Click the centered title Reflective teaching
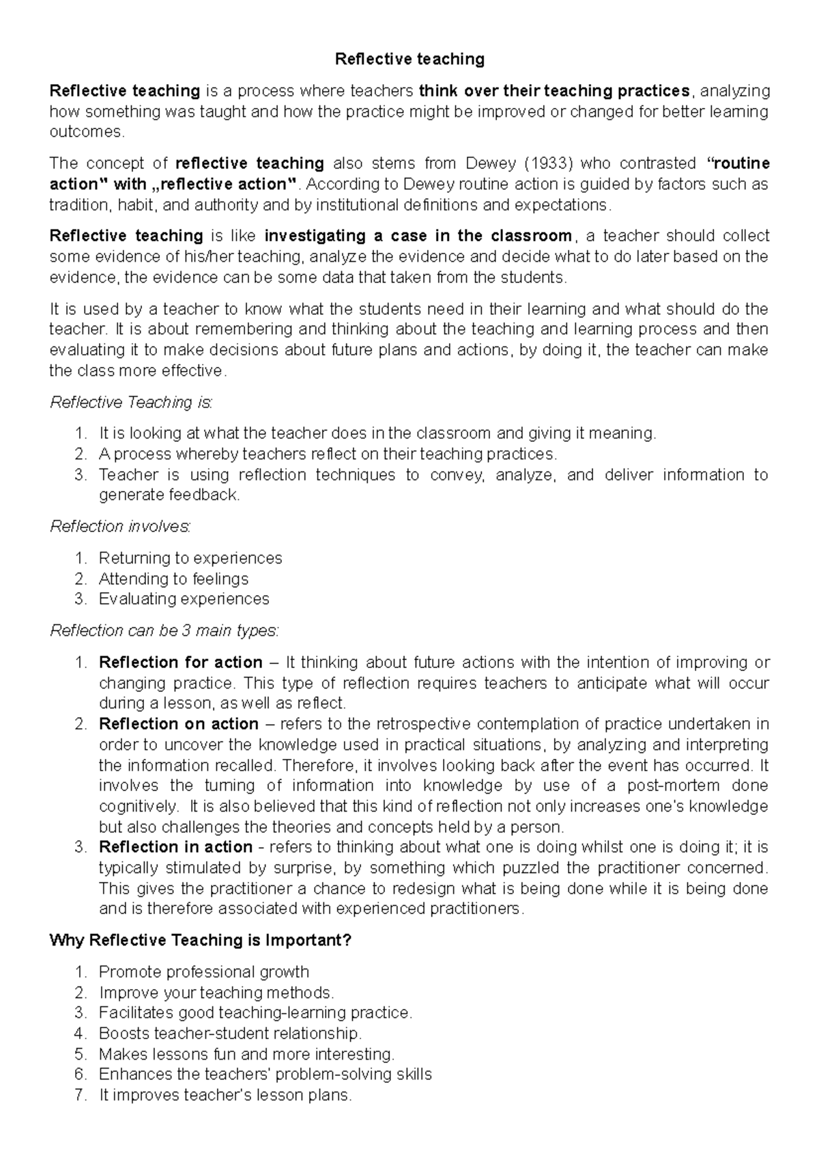409,59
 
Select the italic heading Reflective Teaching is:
132,402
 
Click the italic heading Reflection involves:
121,526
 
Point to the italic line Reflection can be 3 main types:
164,631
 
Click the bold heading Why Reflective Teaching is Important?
201,940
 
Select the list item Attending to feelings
173,579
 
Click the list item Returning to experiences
190,558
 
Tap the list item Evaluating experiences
184,599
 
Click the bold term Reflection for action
180,662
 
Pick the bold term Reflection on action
179,723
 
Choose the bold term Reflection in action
175,847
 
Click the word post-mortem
672,786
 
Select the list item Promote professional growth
204,971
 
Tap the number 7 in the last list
81,1095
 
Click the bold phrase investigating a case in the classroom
418,236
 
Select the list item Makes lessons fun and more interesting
246,1053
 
